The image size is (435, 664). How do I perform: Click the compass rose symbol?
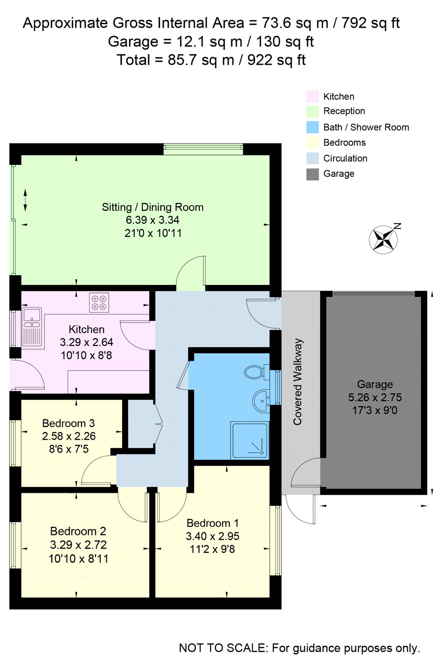pyautogui.click(x=383, y=239)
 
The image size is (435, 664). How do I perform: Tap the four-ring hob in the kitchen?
pyautogui.click(x=99, y=303)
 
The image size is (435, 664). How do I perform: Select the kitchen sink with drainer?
pyautogui.click(x=32, y=328)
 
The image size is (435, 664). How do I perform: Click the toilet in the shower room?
pyautogui.click(x=257, y=372)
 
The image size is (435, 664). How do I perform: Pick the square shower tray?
pyautogui.click(x=250, y=441)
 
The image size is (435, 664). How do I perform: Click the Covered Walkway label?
pyautogui.click(x=297, y=382)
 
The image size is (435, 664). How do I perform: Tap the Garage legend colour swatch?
pyautogui.click(x=312, y=174)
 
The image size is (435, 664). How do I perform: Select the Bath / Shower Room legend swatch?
pyautogui.click(x=312, y=127)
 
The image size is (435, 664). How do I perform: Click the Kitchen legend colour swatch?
pyautogui.click(x=312, y=97)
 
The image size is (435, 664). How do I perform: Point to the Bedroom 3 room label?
pyautogui.click(x=68, y=423)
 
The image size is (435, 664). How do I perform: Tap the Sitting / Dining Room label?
pyautogui.click(x=152, y=207)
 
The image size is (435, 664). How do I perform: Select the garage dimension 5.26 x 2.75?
pyautogui.click(x=375, y=397)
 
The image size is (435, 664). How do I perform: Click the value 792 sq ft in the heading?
pyautogui.click(x=371, y=23)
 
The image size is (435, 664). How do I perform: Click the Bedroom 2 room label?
pyautogui.click(x=78, y=531)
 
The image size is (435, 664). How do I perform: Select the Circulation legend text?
pyautogui.click(x=345, y=158)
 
